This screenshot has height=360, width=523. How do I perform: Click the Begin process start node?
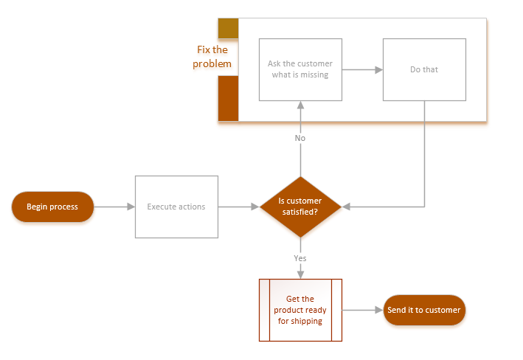point(52,207)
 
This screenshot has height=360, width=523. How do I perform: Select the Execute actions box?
point(176,207)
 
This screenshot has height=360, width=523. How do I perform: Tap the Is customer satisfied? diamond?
point(299,207)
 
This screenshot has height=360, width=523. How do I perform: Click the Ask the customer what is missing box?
point(299,69)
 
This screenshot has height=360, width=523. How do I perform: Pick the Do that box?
point(424,69)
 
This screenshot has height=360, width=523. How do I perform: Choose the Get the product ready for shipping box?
point(300,310)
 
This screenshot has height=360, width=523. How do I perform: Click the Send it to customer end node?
point(423,311)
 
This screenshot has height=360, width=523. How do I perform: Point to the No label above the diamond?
point(300,138)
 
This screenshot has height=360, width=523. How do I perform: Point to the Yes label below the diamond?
point(300,258)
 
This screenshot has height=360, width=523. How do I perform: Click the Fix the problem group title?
point(212,57)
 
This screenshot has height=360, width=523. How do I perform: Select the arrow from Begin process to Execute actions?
point(114,207)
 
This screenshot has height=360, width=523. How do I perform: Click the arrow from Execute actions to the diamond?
point(239,207)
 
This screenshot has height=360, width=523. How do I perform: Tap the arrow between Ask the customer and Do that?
point(362,69)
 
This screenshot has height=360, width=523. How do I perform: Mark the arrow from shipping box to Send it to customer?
point(362,311)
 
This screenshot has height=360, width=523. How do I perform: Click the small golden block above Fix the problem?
point(228,28)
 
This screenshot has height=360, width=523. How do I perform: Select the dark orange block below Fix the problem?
point(228,97)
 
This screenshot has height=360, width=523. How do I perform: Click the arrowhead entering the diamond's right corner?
point(346,207)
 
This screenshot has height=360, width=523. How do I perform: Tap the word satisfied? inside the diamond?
point(300,212)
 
